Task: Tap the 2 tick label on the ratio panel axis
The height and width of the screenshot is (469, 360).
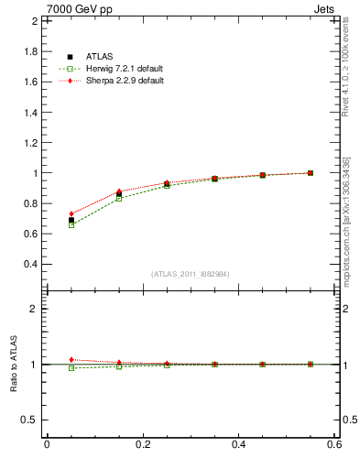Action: click(33, 309)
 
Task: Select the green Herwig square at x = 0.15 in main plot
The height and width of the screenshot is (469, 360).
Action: click(119, 198)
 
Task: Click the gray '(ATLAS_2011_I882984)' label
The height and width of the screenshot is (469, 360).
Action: click(190, 274)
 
